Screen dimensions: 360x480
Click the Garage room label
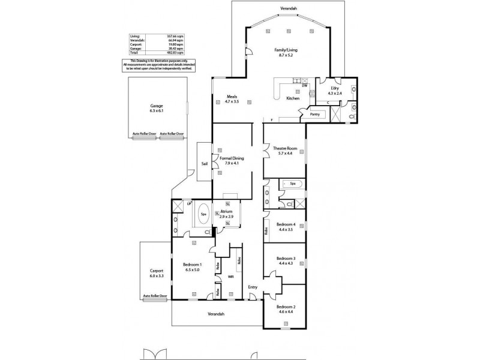point(157,105)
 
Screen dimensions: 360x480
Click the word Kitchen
point(292,98)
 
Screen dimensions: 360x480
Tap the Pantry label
point(314,113)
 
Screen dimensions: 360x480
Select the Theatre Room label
point(284,148)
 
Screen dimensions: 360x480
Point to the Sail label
point(204,161)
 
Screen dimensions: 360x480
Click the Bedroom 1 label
point(192,265)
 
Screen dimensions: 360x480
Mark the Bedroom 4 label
point(286,224)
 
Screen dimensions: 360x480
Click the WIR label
point(230,277)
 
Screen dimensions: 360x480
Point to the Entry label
point(253,287)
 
